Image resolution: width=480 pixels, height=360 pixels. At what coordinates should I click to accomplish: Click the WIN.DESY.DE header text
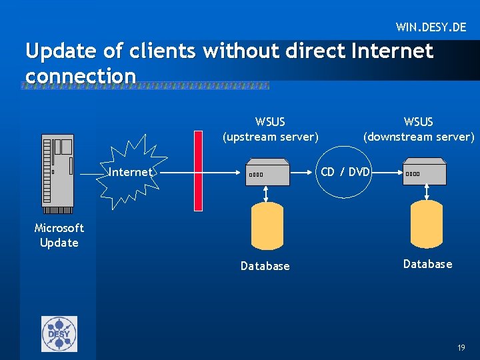click(431, 27)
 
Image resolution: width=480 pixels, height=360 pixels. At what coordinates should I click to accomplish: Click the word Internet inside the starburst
click(130, 172)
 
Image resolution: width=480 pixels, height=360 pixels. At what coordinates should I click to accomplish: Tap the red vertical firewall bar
click(197, 171)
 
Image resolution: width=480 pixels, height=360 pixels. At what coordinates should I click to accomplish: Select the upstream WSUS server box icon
click(267, 173)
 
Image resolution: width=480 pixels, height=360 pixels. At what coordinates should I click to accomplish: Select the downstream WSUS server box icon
click(424, 172)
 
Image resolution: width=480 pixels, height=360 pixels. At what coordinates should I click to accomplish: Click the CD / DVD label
click(345, 171)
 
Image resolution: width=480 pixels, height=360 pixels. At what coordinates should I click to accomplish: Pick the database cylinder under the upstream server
click(266, 225)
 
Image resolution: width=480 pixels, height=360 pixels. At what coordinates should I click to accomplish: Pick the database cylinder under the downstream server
click(427, 224)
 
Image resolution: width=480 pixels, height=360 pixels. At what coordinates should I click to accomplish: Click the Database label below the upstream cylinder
click(265, 266)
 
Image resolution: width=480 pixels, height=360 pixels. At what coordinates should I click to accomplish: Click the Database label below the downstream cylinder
click(427, 264)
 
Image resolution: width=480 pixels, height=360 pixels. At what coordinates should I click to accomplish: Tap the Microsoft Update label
click(59, 235)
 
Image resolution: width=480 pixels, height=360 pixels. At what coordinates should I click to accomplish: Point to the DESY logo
click(59, 333)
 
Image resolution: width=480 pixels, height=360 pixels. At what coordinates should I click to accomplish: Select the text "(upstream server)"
click(270, 137)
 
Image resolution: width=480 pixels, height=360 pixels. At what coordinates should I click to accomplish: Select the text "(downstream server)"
click(419, 137)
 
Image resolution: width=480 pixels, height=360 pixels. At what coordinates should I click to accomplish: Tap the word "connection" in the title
click(81, 76)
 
